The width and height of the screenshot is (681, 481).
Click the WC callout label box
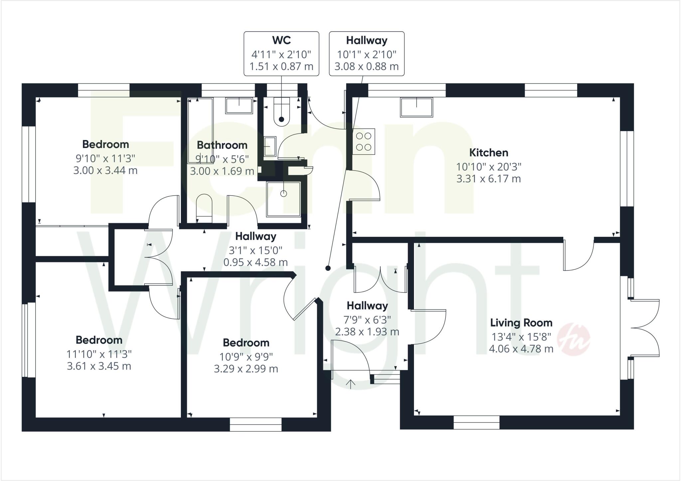281,54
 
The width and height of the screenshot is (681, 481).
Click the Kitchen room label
488,153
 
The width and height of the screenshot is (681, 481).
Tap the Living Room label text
521,323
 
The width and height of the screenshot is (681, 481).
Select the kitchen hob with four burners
363,141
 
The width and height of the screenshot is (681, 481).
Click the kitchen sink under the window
417,107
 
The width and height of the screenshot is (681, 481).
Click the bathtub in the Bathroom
200,130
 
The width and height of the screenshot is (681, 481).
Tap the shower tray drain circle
283,193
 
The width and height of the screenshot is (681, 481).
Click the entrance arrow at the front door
350,384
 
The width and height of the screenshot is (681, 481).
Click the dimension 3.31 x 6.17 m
488,179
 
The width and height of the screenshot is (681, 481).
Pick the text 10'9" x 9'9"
246,357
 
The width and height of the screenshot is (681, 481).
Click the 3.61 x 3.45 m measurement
99,366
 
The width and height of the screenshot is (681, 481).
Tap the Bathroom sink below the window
239,105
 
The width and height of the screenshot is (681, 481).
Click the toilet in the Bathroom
204,209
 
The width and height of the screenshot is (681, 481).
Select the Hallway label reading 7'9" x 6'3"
367,319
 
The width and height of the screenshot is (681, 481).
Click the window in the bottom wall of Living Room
476,422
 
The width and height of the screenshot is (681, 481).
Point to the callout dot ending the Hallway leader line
328,268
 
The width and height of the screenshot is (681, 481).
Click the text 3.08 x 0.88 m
366,67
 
